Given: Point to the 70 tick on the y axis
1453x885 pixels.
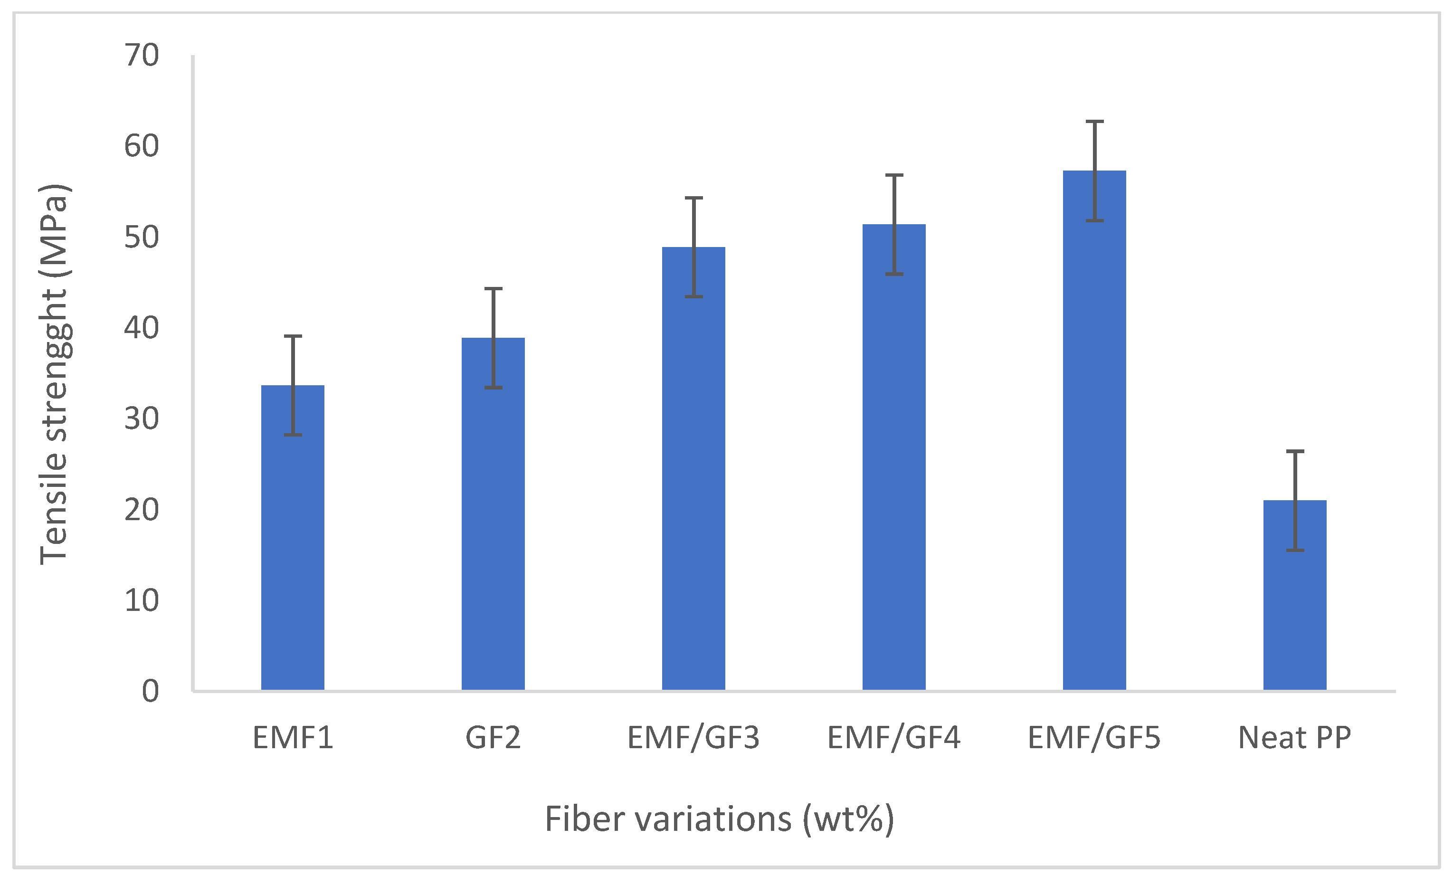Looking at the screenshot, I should pyautogui.click(x=142, y=56).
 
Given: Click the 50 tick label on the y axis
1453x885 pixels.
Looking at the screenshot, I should pyautogui.click(x=142, y=237).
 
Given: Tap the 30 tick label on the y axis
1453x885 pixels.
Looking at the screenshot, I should pyautogui.click(x=142, y=419).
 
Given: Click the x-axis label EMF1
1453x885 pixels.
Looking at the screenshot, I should pyautogui.click(x=293, y=738).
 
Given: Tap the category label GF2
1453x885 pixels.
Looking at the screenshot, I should pyautogui.click(x=493, y=738).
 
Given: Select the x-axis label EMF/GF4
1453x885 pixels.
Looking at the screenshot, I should pyautogui.click(x=894, y=738).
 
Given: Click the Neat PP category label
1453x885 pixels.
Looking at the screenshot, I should pyautogui.click(x=1294, y=738).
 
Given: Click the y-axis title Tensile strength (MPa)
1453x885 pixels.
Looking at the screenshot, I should pyautogui.click(x=54, y=374).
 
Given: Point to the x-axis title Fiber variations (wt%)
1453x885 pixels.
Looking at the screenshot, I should pyautogui.click(x=720, y=819).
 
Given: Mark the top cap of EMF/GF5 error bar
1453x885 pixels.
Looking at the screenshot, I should pyautogui.click(x=1094, y=122).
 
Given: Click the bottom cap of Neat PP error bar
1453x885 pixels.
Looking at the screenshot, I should pyautogui.click(x=1295, y=550).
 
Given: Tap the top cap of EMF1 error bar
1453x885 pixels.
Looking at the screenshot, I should pyautogui.click(x=293, y=336).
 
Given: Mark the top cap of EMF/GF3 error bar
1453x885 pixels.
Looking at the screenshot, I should pyautogui.click(x=693, y=198).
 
